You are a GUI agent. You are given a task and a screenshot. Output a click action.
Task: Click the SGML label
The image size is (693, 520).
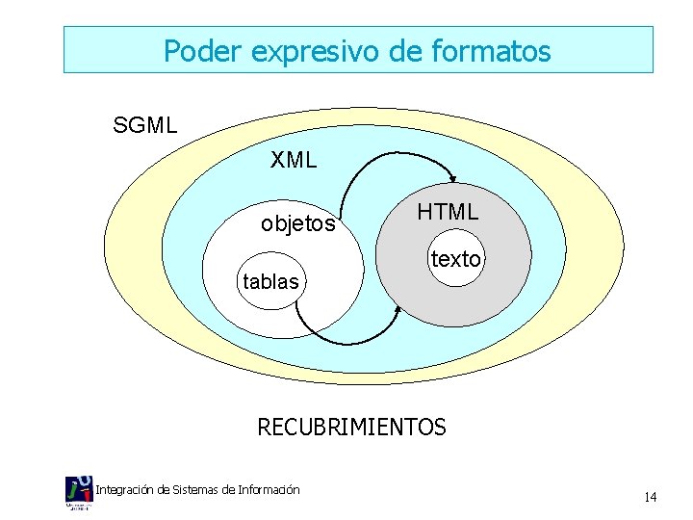click(145, 125)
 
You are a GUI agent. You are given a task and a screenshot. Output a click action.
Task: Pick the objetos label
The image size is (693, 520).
click(298, 225)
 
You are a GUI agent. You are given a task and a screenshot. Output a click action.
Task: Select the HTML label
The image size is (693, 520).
click(448, 213)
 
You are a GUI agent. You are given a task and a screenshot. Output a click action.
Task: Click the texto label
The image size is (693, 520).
click(455, 259)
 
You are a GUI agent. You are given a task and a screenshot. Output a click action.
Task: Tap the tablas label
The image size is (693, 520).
click(270, 282)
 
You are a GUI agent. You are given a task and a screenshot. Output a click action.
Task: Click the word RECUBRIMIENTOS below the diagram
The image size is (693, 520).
click(351, 427)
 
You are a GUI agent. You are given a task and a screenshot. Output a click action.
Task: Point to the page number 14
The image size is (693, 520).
click(650, 497)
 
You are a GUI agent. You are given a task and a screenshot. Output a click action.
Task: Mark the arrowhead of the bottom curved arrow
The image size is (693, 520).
click(398, 311)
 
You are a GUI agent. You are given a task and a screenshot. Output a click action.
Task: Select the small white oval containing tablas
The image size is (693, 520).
click(270, 280)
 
